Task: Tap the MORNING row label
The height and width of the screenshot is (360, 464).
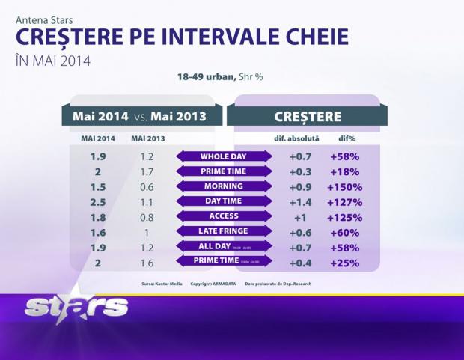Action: coord(224,186)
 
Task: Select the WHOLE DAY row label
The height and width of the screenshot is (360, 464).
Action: coord(224,157)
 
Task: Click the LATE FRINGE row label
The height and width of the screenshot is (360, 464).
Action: coord(224,231)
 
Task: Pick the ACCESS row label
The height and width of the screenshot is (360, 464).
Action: coord(224,217)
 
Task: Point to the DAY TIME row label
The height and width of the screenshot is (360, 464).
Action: coord(224,201)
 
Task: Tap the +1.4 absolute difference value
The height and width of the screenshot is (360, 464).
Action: coord(304,202)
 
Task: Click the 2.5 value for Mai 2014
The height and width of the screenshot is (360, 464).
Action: coord(97,202)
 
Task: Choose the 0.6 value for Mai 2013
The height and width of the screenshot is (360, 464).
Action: coord(147,187)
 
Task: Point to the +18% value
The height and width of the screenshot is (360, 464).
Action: coord(344,172)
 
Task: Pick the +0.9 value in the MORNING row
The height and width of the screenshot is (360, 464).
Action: coord(304,187)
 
